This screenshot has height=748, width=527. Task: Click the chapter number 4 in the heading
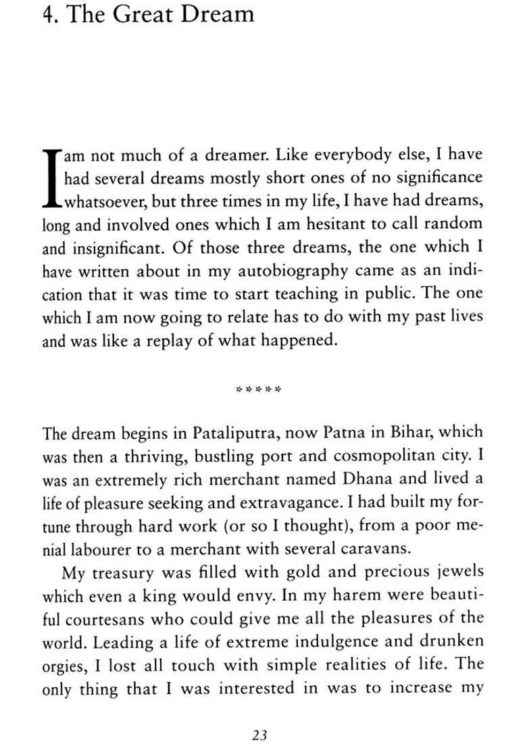point(48,14)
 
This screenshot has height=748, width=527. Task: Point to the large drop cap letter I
point(52,178)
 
